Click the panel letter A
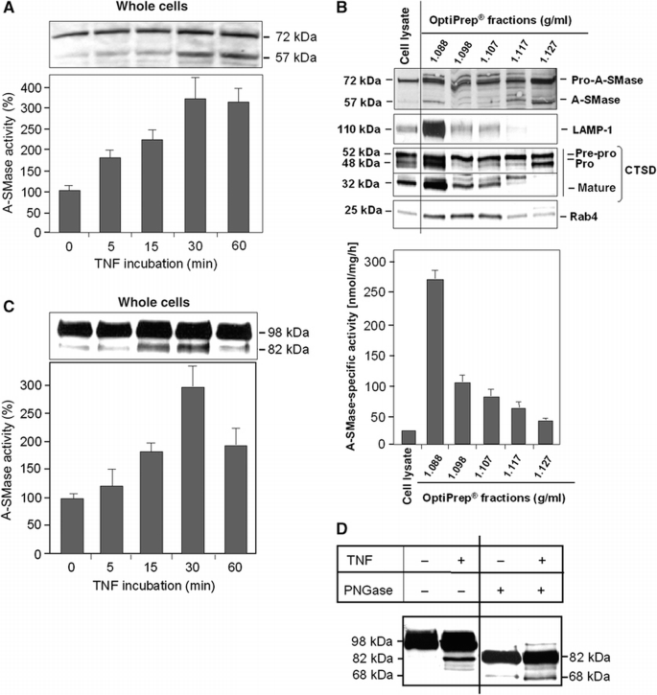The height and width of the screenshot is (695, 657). (9, 9)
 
